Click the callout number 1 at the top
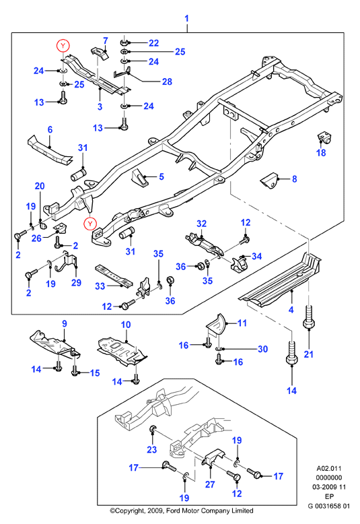click(186, 18)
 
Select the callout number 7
click(106, 41)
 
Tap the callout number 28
click(167, 81)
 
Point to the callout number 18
click(321, 153)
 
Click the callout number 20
click(40, 186)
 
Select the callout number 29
click(76, 283)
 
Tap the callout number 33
click(100, 286)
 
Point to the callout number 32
click(201, 224)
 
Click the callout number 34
click(256, 257)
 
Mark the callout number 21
click(309, 354)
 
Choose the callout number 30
click(263, 350)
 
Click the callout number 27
click(210, 484)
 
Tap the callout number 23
click(151, 450)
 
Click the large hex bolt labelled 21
click(309, 317)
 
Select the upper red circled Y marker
click(63, 45)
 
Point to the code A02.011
click(329, 469)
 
